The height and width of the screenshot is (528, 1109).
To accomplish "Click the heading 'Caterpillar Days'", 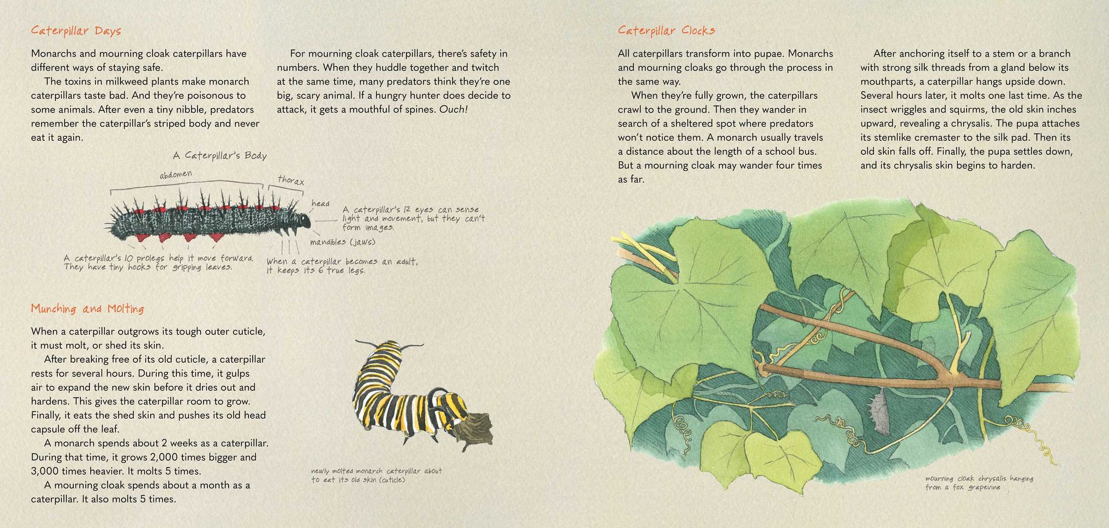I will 76,31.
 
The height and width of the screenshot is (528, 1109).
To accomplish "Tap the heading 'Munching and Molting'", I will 88,309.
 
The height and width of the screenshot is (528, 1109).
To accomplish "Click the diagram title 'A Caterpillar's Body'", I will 220,156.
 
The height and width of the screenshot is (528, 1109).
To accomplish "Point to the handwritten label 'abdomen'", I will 176,175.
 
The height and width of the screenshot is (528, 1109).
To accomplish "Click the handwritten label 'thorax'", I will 291,180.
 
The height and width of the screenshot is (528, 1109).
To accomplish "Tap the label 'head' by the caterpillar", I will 321,204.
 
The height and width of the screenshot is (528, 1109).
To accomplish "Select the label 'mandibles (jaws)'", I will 343,242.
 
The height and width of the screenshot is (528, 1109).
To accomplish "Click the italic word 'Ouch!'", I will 454,110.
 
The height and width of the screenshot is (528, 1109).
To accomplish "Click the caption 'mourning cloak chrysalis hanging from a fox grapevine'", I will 978,483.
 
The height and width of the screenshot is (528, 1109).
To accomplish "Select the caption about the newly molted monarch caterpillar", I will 376,475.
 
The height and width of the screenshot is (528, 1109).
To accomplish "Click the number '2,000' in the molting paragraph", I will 165,458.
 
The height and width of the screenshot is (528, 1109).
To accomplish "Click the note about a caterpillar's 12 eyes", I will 413,219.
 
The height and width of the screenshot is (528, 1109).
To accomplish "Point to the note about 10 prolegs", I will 158,262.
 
